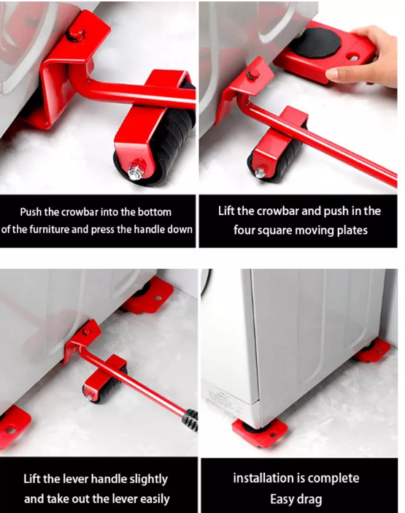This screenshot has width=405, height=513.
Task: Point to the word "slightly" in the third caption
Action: (x=148, y=479)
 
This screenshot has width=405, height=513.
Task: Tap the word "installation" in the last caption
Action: (x=259, y=479)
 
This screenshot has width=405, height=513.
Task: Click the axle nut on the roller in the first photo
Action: (x=135, y=171)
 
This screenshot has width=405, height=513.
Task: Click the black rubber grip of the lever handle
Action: (x=192, y=420)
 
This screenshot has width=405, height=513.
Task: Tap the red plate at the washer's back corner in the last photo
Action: (x=373, y=351)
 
